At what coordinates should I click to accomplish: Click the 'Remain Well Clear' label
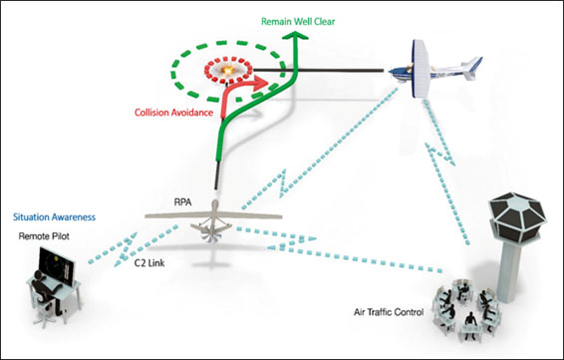click(x=298, y=22)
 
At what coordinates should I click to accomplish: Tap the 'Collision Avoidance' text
click(x=173, y=113)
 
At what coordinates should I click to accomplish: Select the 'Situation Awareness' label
click(x=55, y=217)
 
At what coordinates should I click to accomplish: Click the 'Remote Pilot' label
click(x=44, y=236)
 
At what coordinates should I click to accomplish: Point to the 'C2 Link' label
click(x=149, y=263)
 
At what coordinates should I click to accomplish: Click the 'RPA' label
click(x=182, y=202)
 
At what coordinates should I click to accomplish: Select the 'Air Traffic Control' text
click(x=389, y=312)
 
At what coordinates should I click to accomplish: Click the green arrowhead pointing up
click(x=296, y=36)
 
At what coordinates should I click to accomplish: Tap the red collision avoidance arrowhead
click(x=261, y=83)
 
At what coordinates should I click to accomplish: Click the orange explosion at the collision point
click(x=227, y=70)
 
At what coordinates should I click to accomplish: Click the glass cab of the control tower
click(x=517, y=217)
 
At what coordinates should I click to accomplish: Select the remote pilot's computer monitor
click(x=57, y=266)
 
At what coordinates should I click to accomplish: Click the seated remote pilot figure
click(x=46, y=291)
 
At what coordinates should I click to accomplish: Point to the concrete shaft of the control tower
click(x=509, y=272)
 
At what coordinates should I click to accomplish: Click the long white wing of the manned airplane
click(x=421, y=69)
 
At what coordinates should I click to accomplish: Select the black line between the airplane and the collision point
click(x=318, y=70)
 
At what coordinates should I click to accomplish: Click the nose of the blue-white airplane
click(x=392, y=72)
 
